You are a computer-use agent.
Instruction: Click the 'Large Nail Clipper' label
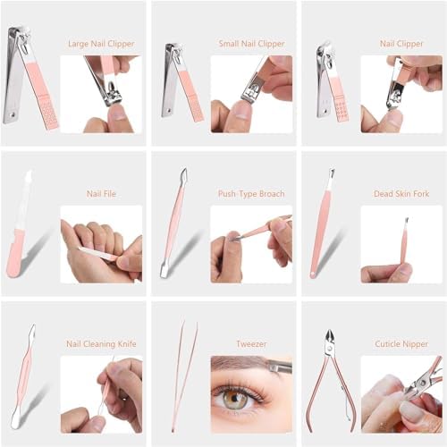[101, 43]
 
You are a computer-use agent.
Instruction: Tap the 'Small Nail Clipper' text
[251, 43]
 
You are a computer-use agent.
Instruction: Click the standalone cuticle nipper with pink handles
[331, 380]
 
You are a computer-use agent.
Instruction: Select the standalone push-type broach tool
[173, 223]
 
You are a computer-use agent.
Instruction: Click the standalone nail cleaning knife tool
[25, 375]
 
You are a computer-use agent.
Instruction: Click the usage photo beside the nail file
[101, 245]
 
